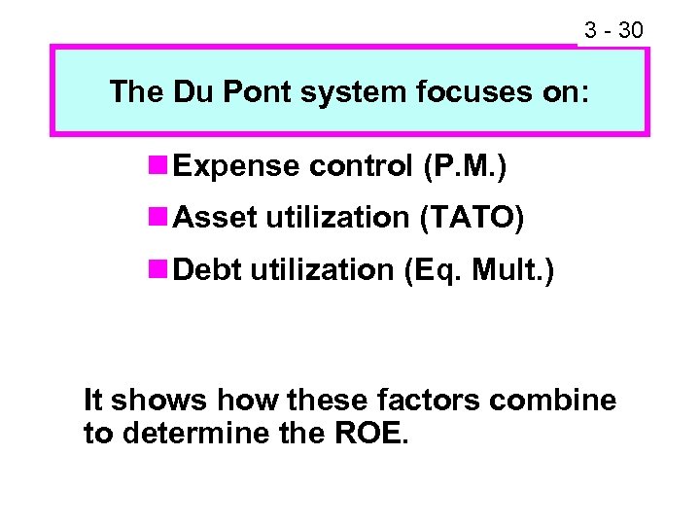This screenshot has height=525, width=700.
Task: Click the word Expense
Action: point(235,167)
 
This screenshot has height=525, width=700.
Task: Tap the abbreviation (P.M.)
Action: point(464,167)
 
